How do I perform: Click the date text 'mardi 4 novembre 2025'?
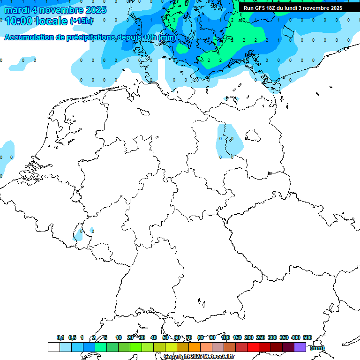pyautogui.click(x=55, y=10)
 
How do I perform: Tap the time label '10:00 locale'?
pyautogui.click(x=37, y=21)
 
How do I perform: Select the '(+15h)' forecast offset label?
pyautogui.click(x=81, y=21)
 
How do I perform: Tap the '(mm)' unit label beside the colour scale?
pyautogui.click(x=317, y=347)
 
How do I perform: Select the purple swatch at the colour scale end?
pyautogui.click(x=300, y=347)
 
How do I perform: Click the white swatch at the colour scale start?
pyautogui.click(x=53, y=347)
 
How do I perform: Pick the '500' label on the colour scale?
pyautogui.click(x=307, y=337)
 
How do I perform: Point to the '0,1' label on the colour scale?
pyautogui.click(x=60, y=337)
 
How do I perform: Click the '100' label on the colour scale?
pyautogui.click(x=225, y=337)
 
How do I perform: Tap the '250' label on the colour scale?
pyautogui.click(x=260, y=337)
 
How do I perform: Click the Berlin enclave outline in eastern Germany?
pyautogui.click(x=253, y=136)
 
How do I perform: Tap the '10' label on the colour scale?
pyautogui.click(x=119, y=337)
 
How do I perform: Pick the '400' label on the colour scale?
pyautogui.click(x=295, y=337)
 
